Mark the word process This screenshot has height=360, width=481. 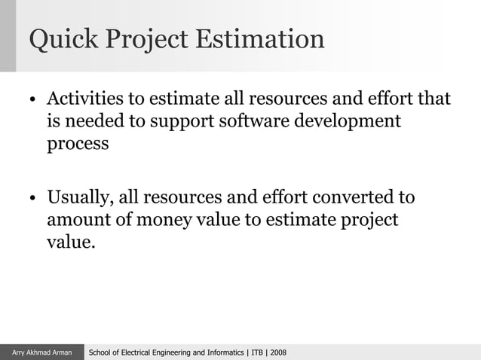[x=78, y=144]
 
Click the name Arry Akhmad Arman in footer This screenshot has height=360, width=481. [x=42, y=352]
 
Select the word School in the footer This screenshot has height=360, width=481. [x=102, y=352]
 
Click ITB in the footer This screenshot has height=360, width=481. [x=257, y=352]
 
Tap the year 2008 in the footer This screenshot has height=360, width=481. [x=278, y=352]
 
